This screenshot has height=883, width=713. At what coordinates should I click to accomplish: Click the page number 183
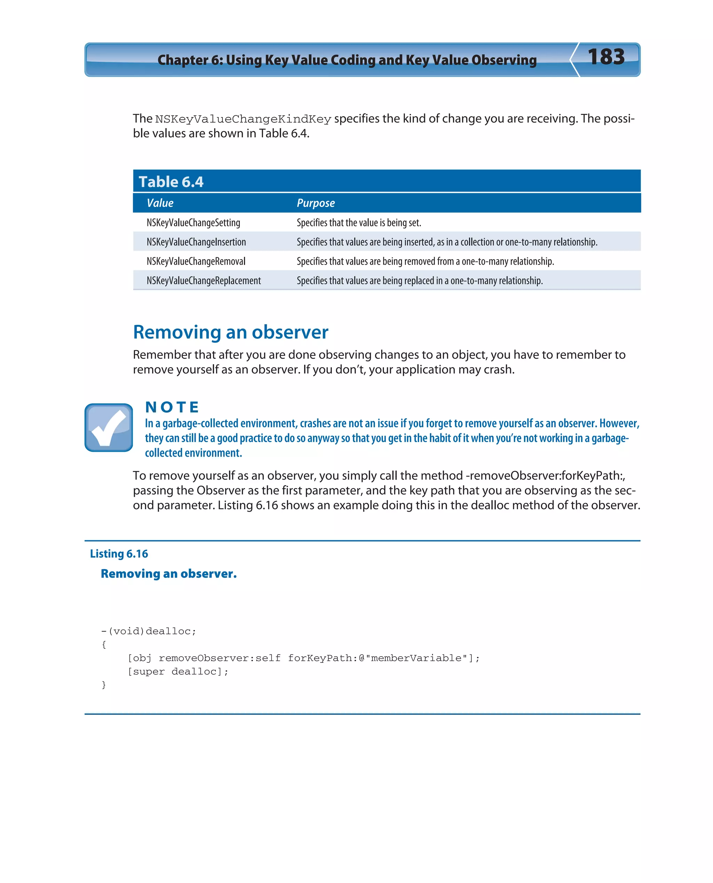[x=606, y=57]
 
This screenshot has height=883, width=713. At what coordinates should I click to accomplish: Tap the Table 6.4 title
[x=171, y=181]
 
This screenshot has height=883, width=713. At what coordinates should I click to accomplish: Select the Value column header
[x=160, y=203]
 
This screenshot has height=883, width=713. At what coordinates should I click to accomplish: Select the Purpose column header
[x=315, y=203]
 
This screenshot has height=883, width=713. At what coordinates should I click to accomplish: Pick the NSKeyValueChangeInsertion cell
[x=196, y=242]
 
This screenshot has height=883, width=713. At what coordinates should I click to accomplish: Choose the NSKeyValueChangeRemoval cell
[x=196, y=261]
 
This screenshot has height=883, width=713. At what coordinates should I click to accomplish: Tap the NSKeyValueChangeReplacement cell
[x=203, y=281]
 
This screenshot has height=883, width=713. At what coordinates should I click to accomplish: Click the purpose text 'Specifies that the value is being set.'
[x=359, y=223]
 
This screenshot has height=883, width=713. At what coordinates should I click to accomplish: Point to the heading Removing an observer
[x=230, y=332]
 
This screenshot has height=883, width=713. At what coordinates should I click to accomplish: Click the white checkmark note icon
[x=108, y=427]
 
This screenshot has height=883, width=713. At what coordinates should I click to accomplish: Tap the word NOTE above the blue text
[x=172, y=407]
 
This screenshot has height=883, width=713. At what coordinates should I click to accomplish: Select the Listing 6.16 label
[x=119, y=554]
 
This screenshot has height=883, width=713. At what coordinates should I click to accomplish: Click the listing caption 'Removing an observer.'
[x=169, y=574]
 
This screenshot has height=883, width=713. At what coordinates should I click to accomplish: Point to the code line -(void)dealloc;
[x=149, y=631]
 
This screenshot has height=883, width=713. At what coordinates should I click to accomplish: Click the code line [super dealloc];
[x=178, y=671]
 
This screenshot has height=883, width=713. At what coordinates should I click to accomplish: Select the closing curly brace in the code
[x=104, y=684]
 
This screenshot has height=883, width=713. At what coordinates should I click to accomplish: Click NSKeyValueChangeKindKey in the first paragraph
[x=243, y=119]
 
